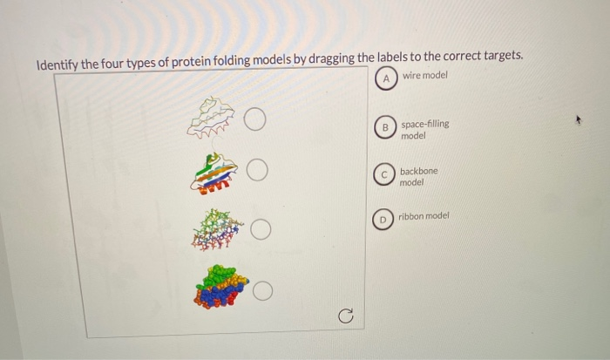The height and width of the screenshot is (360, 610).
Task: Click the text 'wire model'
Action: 424,76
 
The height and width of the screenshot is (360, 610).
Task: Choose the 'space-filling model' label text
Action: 424,130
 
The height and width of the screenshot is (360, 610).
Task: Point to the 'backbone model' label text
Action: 418,177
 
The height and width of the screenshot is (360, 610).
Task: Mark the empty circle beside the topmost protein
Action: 255,119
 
